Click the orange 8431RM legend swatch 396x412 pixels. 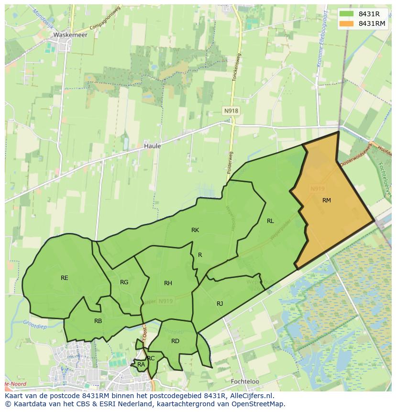[347, 23]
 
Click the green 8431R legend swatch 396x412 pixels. [347, 14]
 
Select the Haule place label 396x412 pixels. [152, 146]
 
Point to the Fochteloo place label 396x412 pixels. [244, 382]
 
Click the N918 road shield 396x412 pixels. [231, 111]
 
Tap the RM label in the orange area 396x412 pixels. [327, 200]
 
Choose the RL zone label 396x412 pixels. [270, 221]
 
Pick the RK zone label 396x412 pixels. [195, 230]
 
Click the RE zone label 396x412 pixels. [65, 278]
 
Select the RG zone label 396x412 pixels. [124, 282]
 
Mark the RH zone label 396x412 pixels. [168, 283]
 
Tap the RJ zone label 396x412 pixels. [220, 303]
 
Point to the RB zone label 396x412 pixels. [98, 321]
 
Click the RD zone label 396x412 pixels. [175, 341]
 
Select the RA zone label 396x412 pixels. [141, 365]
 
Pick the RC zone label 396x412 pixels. [151, 358]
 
